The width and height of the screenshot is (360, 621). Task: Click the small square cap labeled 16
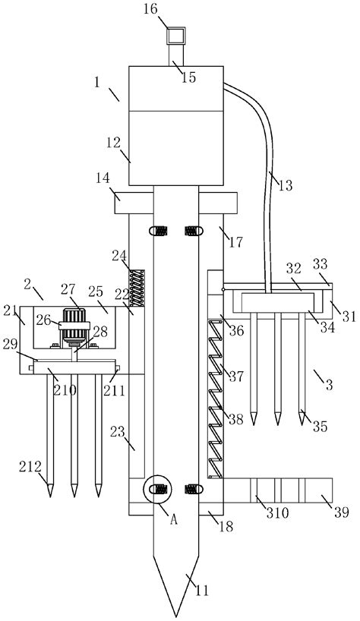click(176, 36)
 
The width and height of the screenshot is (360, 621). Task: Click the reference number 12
click(113, 143)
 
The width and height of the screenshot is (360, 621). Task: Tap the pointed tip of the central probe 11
click(176, 616)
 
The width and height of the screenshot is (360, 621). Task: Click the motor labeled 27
click(74, 326)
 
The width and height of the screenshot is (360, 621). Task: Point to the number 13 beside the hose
click(286, 185)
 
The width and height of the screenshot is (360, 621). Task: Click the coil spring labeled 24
click(137, 288)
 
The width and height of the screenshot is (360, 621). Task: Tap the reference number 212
click(30, 467)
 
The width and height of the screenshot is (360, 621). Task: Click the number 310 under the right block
click(277, 513)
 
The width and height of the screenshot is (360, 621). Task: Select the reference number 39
click(341, 512)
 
